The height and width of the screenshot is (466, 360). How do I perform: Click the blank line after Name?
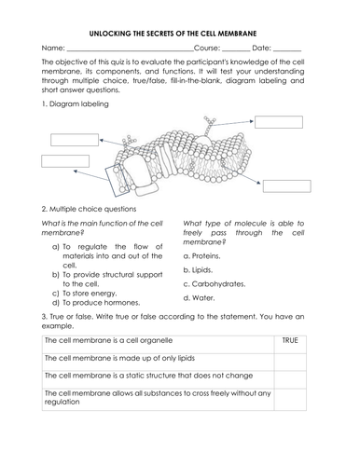coord(130,48)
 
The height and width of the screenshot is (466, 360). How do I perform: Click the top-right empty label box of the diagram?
coord(278,121)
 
